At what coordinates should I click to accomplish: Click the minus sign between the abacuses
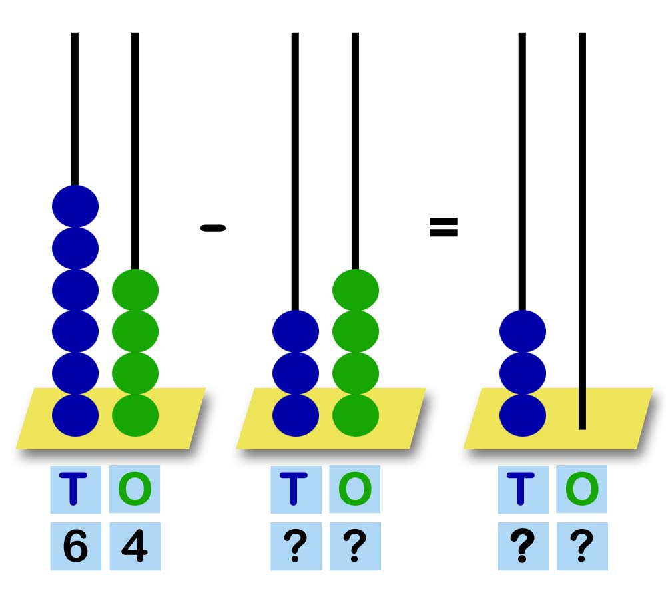(x=213, y=228)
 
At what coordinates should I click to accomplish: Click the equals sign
(x=444, y=228)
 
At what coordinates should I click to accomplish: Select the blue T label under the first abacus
(x=75, y=489)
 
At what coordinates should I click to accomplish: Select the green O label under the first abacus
(x=135, y=489)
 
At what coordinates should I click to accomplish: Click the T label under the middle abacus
(x=296, y=489)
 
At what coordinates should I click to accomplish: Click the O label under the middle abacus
(x=355, y=489)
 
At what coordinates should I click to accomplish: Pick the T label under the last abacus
(x=523, y=489)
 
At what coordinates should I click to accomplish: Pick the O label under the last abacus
(x=582, y=489)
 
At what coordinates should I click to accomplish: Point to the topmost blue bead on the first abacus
(x=75, y=206)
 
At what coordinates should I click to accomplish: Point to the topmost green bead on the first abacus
(x=135, y=290)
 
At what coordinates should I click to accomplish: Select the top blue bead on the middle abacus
(x=296, y=331)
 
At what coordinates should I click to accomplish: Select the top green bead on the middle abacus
(x=356, y=290)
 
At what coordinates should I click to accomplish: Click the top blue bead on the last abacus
(x=523, y=331)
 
